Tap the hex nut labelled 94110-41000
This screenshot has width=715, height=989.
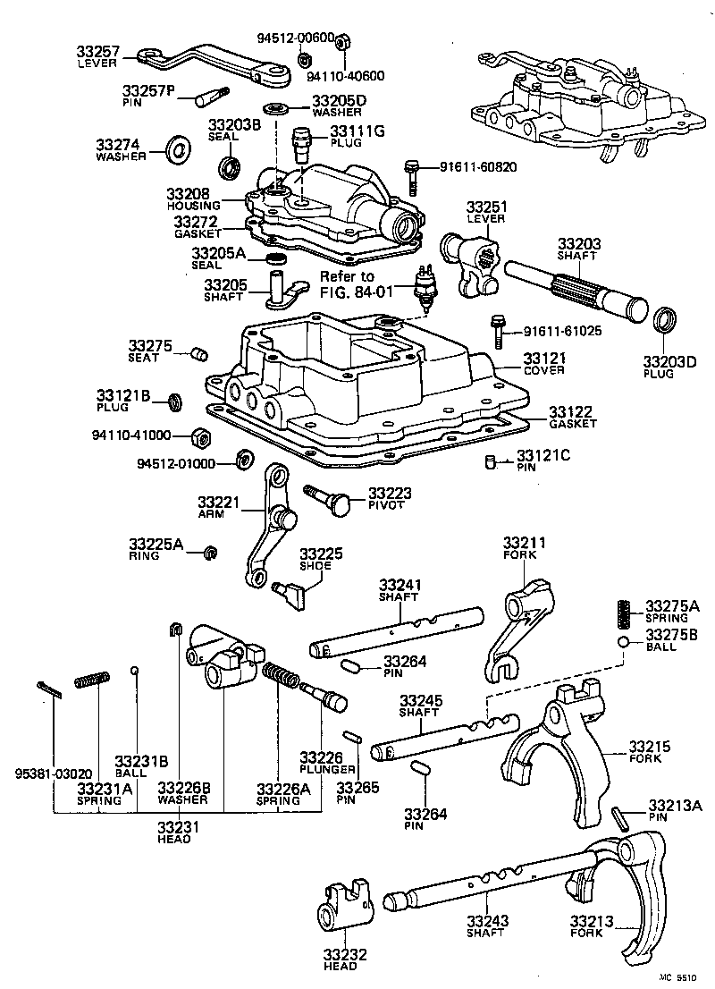pyautogui.click(x=200, y=437)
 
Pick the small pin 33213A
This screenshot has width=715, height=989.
pyautogui.click(x=620, y=816)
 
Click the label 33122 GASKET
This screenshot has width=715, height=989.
pyautogui.click(x=572, y=416)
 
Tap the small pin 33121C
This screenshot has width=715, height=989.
pyautogui.click(x=490, y=462)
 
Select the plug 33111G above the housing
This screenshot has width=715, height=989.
pyautogui.click(x=301, y=139)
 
